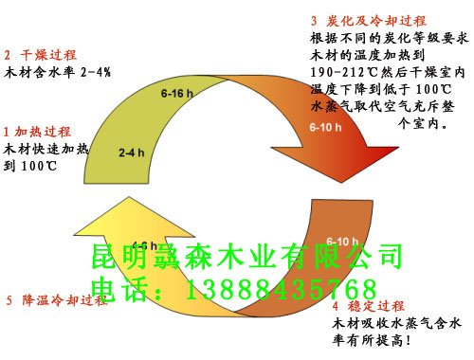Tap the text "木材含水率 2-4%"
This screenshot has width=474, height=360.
58,72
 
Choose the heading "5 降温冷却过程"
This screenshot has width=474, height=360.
57,300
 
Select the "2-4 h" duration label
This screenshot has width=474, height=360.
132,152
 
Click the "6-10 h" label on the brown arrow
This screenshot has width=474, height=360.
342,240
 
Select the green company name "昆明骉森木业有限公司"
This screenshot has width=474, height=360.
248,257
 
